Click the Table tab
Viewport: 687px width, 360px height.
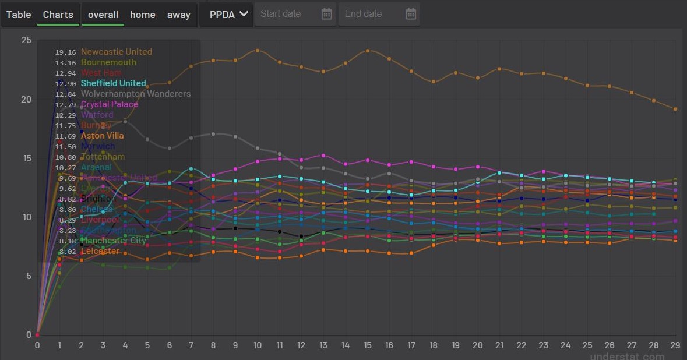pyautogui.click(x=19, y=15)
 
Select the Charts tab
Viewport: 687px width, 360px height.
pyautogui.click(x=58, y=15)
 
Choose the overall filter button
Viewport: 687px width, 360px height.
pyautogui.click(x=103, y=15)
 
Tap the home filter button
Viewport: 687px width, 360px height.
pyautogui.click(x=143, y=15)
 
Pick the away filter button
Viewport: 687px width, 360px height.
pyautogui.click(x=179, y=15)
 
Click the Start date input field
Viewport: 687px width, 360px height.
pyautogui.click(x=288, y=14)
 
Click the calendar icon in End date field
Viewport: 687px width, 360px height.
pyautogui.click(x=411, y=14)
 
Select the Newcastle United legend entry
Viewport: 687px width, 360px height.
pyautogui.click(x=117, y=52)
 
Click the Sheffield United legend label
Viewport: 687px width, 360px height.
pyautogui.click(x=113, y=83)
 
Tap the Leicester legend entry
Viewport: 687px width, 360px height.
pyautogui.click(x=100, y=251)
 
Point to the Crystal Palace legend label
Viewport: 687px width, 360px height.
pyautogui.click(x=110, y=104)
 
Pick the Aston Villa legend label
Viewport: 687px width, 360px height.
pyautogui.click(x=102, y=136)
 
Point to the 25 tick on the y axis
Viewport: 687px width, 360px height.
pyautogui.click(x=26, y=40)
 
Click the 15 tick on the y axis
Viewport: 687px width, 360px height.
pyautogui.click(x=26, y=158)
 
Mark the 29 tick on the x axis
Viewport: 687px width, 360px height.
pyautogui.click(x=675, y=345)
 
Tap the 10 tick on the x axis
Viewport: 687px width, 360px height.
pyautogui.click(x=258, y=345)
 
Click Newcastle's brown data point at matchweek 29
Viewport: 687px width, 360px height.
pyautogui.click(x=675, y=109)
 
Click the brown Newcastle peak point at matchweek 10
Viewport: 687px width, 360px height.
pyautogui.click(x=258, y=51)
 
